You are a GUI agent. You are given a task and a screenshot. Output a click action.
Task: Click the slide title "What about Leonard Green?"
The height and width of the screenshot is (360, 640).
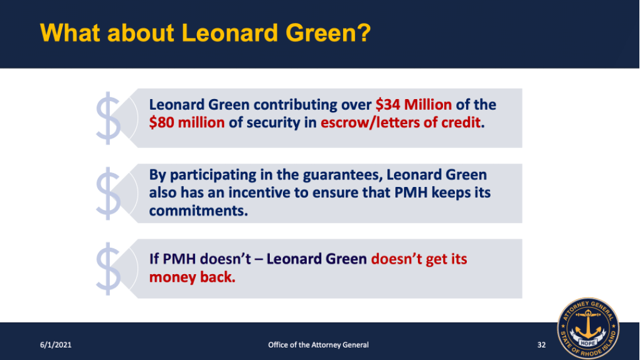(205, 32)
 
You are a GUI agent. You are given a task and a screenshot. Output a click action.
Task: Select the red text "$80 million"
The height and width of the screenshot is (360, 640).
(186, 123)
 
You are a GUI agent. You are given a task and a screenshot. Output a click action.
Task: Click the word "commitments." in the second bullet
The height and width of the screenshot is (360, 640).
(198, 211)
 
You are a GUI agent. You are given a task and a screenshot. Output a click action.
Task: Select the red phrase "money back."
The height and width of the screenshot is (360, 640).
(192, 277)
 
